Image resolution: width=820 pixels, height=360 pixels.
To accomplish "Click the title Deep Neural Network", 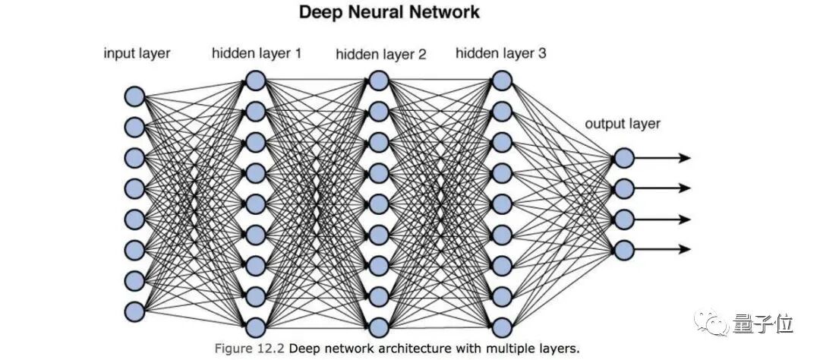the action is [x=389, y=12].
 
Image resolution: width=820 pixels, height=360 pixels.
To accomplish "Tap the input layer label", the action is [x=137, y=53].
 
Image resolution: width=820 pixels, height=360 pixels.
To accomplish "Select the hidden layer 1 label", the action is [x=257, y=53].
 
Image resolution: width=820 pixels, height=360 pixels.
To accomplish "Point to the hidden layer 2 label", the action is [x=380, y=54].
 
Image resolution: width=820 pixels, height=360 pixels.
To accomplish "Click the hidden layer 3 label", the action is [x=501, y=53].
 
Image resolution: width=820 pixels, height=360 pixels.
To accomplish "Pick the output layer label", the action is [x=623, y=124].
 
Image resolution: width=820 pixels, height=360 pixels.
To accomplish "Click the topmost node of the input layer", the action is [x=134, y=96].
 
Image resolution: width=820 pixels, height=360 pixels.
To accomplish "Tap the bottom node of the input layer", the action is [x=134, y=311].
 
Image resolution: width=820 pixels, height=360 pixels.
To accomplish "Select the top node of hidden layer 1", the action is [x=256, y=81].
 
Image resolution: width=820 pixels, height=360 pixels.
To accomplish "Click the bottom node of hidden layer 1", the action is [x=256, y=327].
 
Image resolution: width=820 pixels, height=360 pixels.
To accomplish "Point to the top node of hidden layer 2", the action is [x=379, y=81].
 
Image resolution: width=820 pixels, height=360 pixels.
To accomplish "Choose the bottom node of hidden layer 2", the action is [x=379, y=327].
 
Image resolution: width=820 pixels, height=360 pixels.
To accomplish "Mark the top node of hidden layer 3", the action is [x=502, y=81].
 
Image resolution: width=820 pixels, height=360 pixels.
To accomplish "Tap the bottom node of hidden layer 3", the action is [x=502, y=327].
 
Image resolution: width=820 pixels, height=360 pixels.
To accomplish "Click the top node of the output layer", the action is [x=624, y=157].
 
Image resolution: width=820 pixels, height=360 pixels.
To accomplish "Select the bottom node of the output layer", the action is [x=624, y=250].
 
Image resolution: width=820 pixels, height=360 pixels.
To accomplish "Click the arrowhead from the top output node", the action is [x=685, y=157].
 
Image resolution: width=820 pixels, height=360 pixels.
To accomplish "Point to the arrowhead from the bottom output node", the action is [x=685, y=249].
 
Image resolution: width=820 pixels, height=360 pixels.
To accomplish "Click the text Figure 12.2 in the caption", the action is [x=250, y=348].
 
